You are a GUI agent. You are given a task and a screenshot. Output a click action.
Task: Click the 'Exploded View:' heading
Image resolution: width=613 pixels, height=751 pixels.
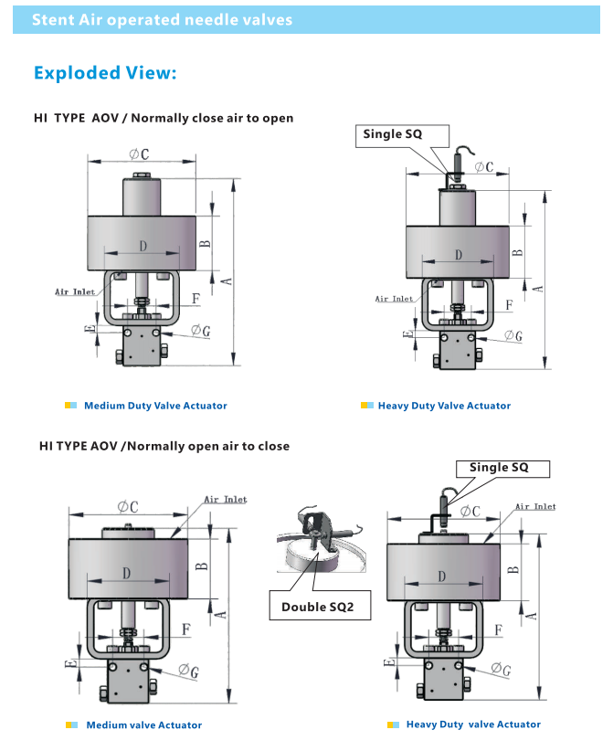pos(104,73)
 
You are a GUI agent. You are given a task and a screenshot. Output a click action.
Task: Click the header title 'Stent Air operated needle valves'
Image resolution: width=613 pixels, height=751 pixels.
pos(163,19)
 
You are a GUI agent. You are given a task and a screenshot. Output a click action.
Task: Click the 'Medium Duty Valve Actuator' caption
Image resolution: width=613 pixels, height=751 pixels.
pos(155,406)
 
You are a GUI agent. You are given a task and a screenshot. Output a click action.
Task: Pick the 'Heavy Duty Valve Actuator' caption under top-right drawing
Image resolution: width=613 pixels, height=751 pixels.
pos(444,406)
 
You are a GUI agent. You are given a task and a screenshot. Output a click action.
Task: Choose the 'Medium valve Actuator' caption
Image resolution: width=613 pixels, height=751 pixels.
pos(143,725)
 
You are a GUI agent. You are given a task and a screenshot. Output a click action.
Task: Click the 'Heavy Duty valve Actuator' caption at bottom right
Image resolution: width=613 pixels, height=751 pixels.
pos(473,725)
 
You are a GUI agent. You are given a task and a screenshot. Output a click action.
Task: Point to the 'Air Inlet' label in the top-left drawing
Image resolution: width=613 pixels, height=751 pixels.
pos(75,291)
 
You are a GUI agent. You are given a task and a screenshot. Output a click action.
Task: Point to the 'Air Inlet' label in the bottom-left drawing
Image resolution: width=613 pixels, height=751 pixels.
pos(225,500)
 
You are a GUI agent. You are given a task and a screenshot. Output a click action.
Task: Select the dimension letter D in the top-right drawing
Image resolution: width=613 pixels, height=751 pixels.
pos(458,255)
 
